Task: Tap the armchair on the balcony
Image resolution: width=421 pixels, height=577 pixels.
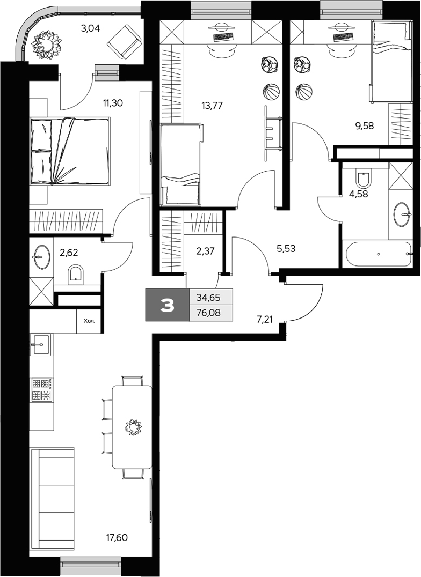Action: (124, 41)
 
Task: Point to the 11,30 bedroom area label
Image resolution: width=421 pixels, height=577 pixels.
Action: (113, 103)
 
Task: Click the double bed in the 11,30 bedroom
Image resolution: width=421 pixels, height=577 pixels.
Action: (70, 151)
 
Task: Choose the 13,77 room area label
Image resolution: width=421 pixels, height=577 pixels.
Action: (212, 105)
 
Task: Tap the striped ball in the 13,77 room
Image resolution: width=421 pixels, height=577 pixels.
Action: (271, 92)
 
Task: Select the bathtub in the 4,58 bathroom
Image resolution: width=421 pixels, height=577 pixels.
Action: (379, 254)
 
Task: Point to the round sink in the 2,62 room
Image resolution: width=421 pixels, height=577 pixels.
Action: (41, 257)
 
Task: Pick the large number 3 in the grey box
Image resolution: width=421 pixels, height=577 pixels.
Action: (168, 305)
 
